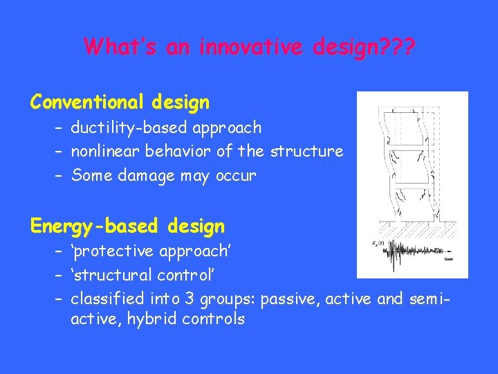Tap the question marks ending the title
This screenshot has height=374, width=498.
coord(394,47)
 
